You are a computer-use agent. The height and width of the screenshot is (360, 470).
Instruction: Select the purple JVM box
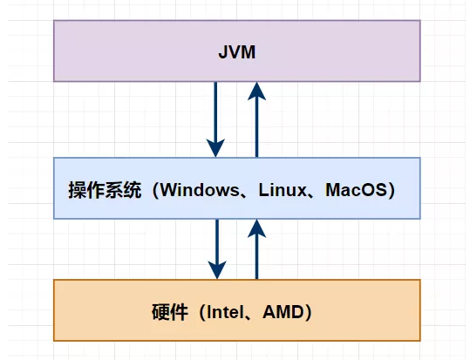pos(131,52)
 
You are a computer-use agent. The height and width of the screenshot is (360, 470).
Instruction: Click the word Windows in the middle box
pos(200,189)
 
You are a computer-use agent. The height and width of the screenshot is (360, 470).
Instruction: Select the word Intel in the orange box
pos(226,310)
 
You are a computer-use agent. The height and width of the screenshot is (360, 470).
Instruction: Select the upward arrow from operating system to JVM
pos(257,122)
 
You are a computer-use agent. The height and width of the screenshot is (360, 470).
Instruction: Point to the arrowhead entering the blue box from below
pos(257,228)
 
